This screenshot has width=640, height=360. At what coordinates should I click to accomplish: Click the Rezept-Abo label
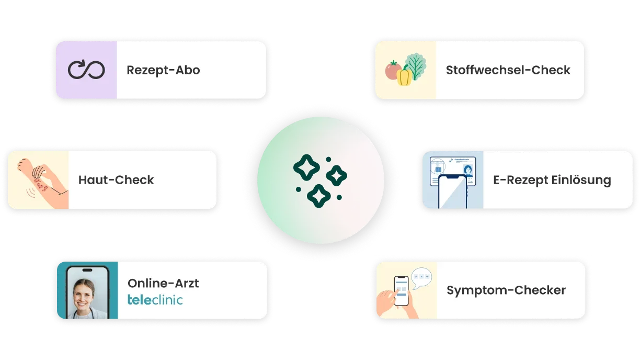coord(163,70)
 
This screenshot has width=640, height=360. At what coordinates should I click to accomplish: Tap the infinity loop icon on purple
coord(86,69)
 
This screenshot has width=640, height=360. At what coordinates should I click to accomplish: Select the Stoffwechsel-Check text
coord(508,70)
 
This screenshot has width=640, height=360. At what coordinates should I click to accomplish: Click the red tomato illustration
coord(393,70)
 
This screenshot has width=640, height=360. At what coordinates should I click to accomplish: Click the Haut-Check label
coord(116,180)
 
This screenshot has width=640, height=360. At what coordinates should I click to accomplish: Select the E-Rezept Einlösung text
coord(552,180)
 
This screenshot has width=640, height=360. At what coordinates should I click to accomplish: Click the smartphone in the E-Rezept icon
coord(453,192)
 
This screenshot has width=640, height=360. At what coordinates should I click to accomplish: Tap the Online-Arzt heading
coord(163,284)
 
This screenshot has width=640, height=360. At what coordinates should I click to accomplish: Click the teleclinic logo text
coord(155,300)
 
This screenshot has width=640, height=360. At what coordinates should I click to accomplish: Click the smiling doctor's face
coord(84,294)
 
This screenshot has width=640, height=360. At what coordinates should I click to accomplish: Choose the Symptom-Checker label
coord(506,290)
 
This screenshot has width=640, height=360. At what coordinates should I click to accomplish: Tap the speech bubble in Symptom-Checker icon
coord(421,278)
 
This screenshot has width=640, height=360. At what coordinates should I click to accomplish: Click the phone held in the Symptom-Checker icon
coord(401,291)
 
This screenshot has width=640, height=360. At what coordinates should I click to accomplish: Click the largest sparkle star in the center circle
coord(306,167)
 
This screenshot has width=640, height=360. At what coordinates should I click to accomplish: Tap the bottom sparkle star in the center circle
coord(318,196)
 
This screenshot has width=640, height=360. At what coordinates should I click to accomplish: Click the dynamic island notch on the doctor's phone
coord(87,270)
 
